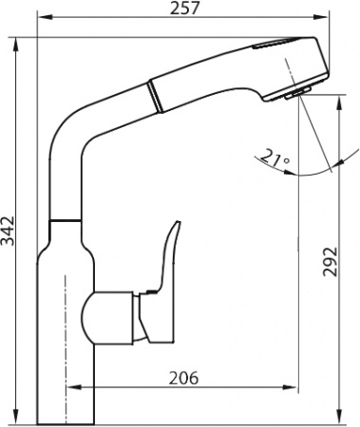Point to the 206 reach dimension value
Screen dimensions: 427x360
[182, 378]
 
